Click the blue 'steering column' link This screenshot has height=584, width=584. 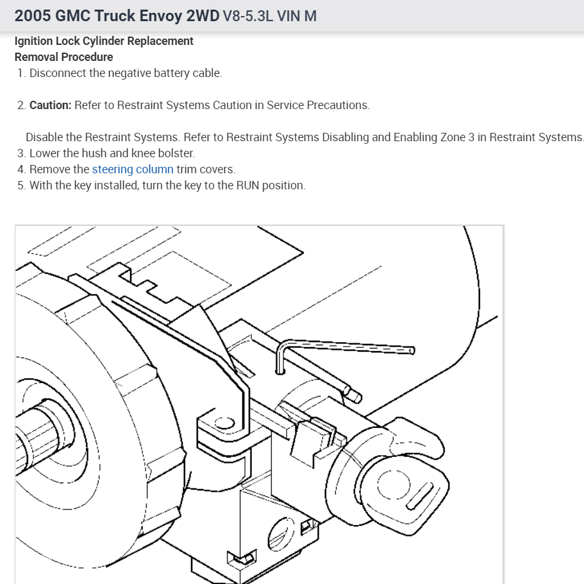click(x=133, y=169)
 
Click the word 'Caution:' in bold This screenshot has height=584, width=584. click(x=51, y=105)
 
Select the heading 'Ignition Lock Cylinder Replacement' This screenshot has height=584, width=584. click(x=104, y=41)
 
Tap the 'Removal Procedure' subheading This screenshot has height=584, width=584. click(x=63, y=57)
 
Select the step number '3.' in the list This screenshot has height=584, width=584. click(x=22, y=153)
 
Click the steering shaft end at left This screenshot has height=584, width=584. click(x=29, y=443)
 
